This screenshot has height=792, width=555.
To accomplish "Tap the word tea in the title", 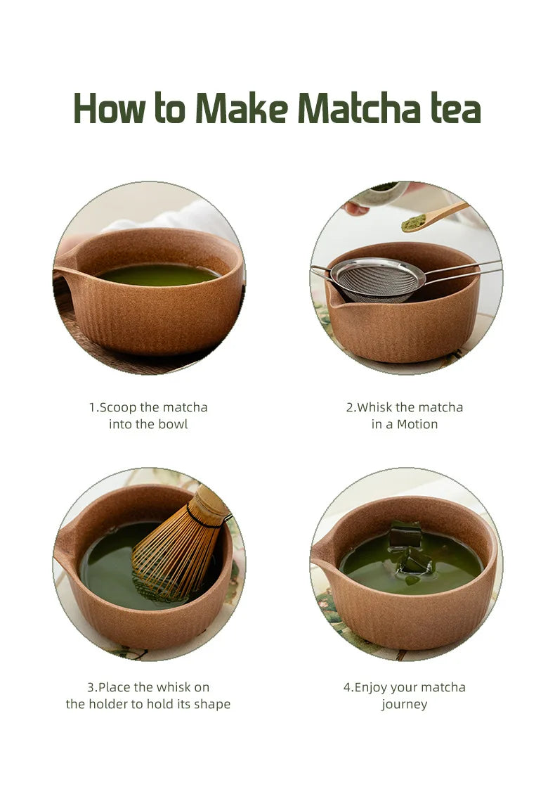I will pyautogui.click(x=455, y=110).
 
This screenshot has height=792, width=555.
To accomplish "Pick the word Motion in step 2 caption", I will pyautogui.click(x=417, y=424).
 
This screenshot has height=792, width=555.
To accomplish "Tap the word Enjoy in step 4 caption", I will pyautogui.click(x=372, y=687).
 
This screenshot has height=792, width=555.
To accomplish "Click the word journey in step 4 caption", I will pyautogui.click(x=404, y=704).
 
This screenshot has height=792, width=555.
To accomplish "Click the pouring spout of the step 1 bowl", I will pyautogui.click(x=62, y=272).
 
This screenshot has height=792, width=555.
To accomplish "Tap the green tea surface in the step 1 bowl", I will pyautogui.click(x=158, y=275).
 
